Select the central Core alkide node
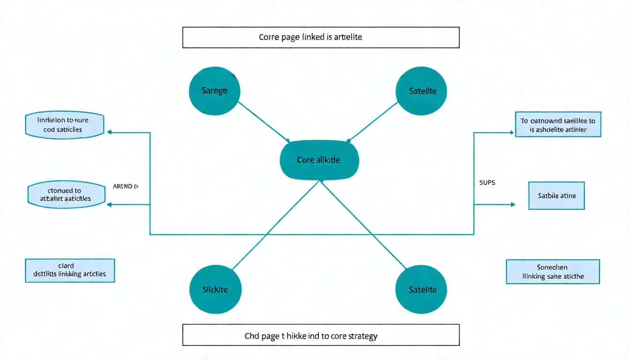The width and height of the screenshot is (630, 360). (319, 160)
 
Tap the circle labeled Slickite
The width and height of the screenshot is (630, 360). (215, 289)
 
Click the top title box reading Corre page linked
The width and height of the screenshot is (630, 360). (321, 37)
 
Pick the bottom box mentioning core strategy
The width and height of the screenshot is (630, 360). (321, 335)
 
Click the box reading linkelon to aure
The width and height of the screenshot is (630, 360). (64, 125)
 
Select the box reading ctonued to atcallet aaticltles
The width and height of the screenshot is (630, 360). (67, 195)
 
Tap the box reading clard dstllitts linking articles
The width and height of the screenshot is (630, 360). (69, 270)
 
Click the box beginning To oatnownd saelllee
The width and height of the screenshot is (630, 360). (558, 125)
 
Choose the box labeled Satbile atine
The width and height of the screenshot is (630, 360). (557, 195)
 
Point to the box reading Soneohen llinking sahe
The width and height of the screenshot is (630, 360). (553, 272)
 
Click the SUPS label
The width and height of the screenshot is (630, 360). (487, 182)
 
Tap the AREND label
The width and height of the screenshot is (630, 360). (126, 186)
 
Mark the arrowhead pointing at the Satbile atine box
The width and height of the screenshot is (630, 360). (513, 204)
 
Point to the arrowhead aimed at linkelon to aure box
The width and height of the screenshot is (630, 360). (110, 133)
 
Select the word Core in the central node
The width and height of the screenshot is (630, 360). (305, 160)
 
